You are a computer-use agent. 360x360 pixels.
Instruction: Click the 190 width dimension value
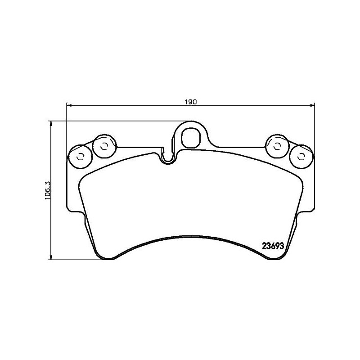pyautogui.click(x=190, y=102)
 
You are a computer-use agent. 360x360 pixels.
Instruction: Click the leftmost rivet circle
pyautogui.click(x=81, y=157)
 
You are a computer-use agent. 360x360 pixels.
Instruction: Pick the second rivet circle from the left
pyautogui.click(x=104, y=146)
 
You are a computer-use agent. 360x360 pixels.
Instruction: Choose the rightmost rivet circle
pyautogui.click(x=301, y=157)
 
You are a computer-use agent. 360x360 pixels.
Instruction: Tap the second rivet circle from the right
pyautogui.click(x=278, y=145)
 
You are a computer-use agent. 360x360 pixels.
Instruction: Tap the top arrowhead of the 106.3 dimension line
pyautogui.click(x=51, y=123)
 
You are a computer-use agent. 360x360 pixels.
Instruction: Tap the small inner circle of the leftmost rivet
pyautogui.click(x=81, y=157)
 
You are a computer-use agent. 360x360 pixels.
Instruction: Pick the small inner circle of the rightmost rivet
pyautogui.click(x=301, y=157)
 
